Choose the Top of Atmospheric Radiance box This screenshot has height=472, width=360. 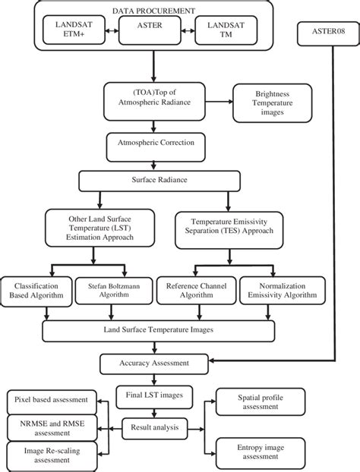point(156,97)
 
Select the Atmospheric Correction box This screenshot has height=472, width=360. point(156,141)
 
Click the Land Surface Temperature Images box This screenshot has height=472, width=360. point(156,330)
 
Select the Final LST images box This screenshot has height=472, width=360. point(154,395)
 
